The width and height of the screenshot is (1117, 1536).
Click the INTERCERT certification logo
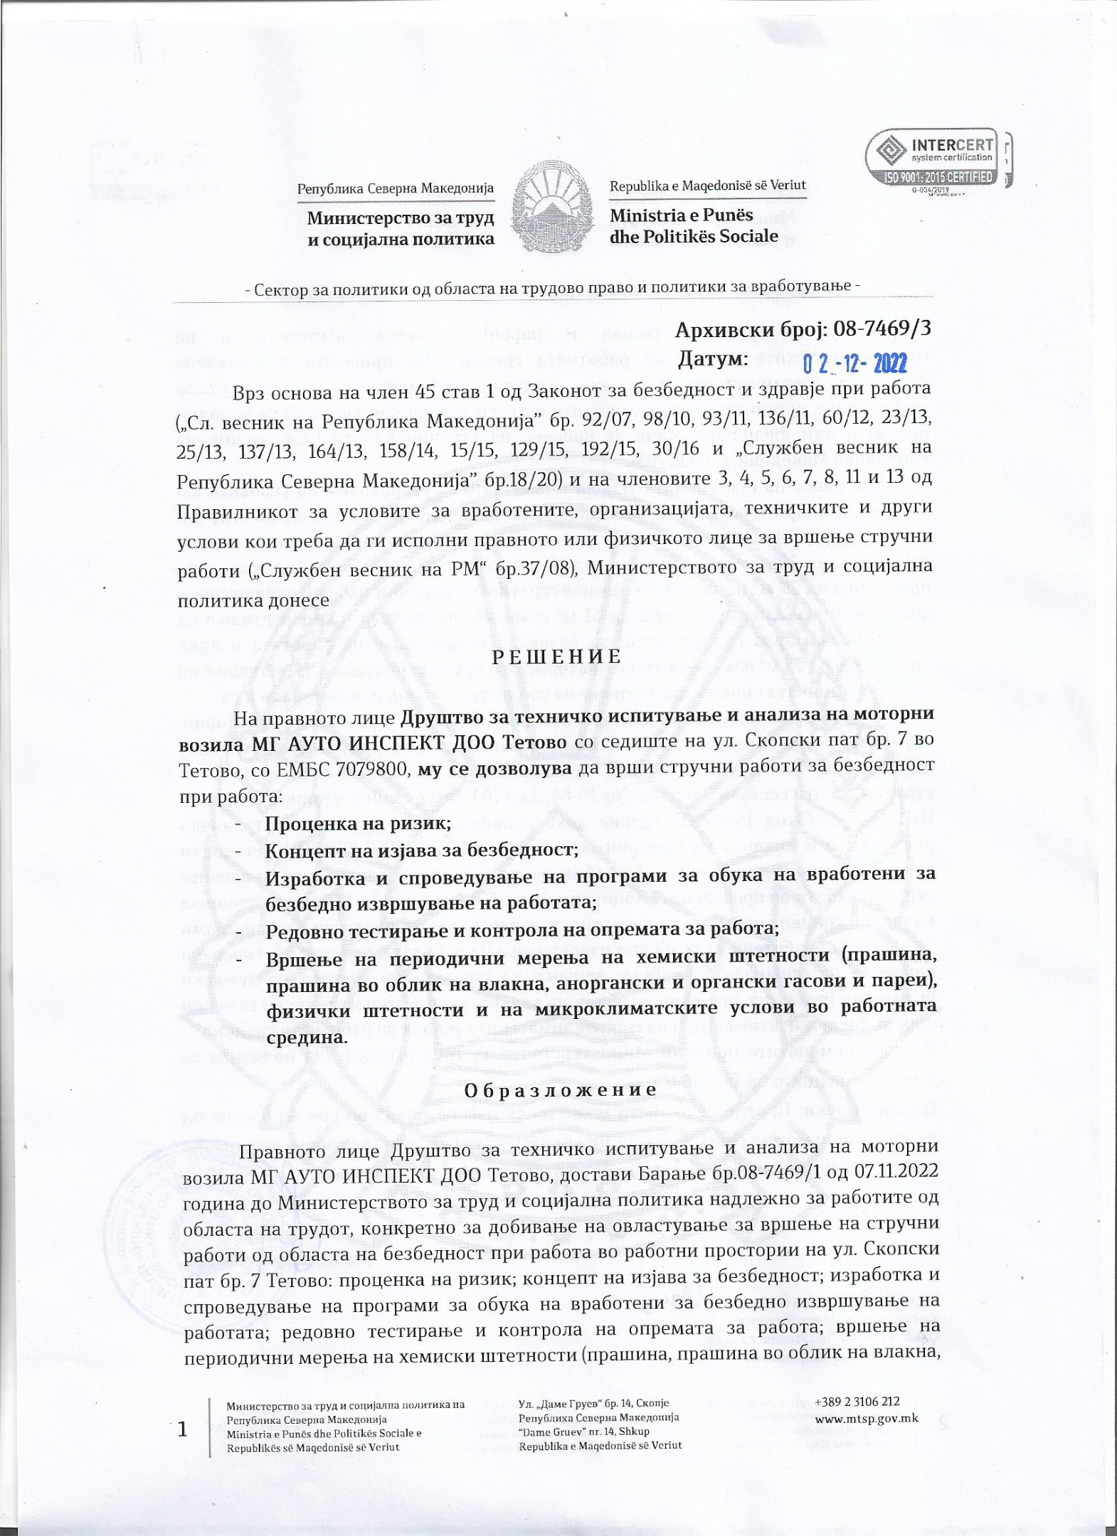938,159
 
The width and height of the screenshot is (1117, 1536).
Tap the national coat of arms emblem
552,207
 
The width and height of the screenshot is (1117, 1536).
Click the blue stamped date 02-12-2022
854,364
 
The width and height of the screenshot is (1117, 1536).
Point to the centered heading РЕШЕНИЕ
557,656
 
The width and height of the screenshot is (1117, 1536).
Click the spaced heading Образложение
559,1089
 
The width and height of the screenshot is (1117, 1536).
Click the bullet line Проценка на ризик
358,823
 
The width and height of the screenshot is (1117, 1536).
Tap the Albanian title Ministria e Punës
671,215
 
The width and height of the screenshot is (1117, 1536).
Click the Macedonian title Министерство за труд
401,218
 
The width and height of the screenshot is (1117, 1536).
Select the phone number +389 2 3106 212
857,1402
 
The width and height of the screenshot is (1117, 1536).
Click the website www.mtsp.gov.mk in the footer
866,1418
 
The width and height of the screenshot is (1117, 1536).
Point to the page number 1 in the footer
184,1428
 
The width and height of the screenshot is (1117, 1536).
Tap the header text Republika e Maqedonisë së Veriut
707,186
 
